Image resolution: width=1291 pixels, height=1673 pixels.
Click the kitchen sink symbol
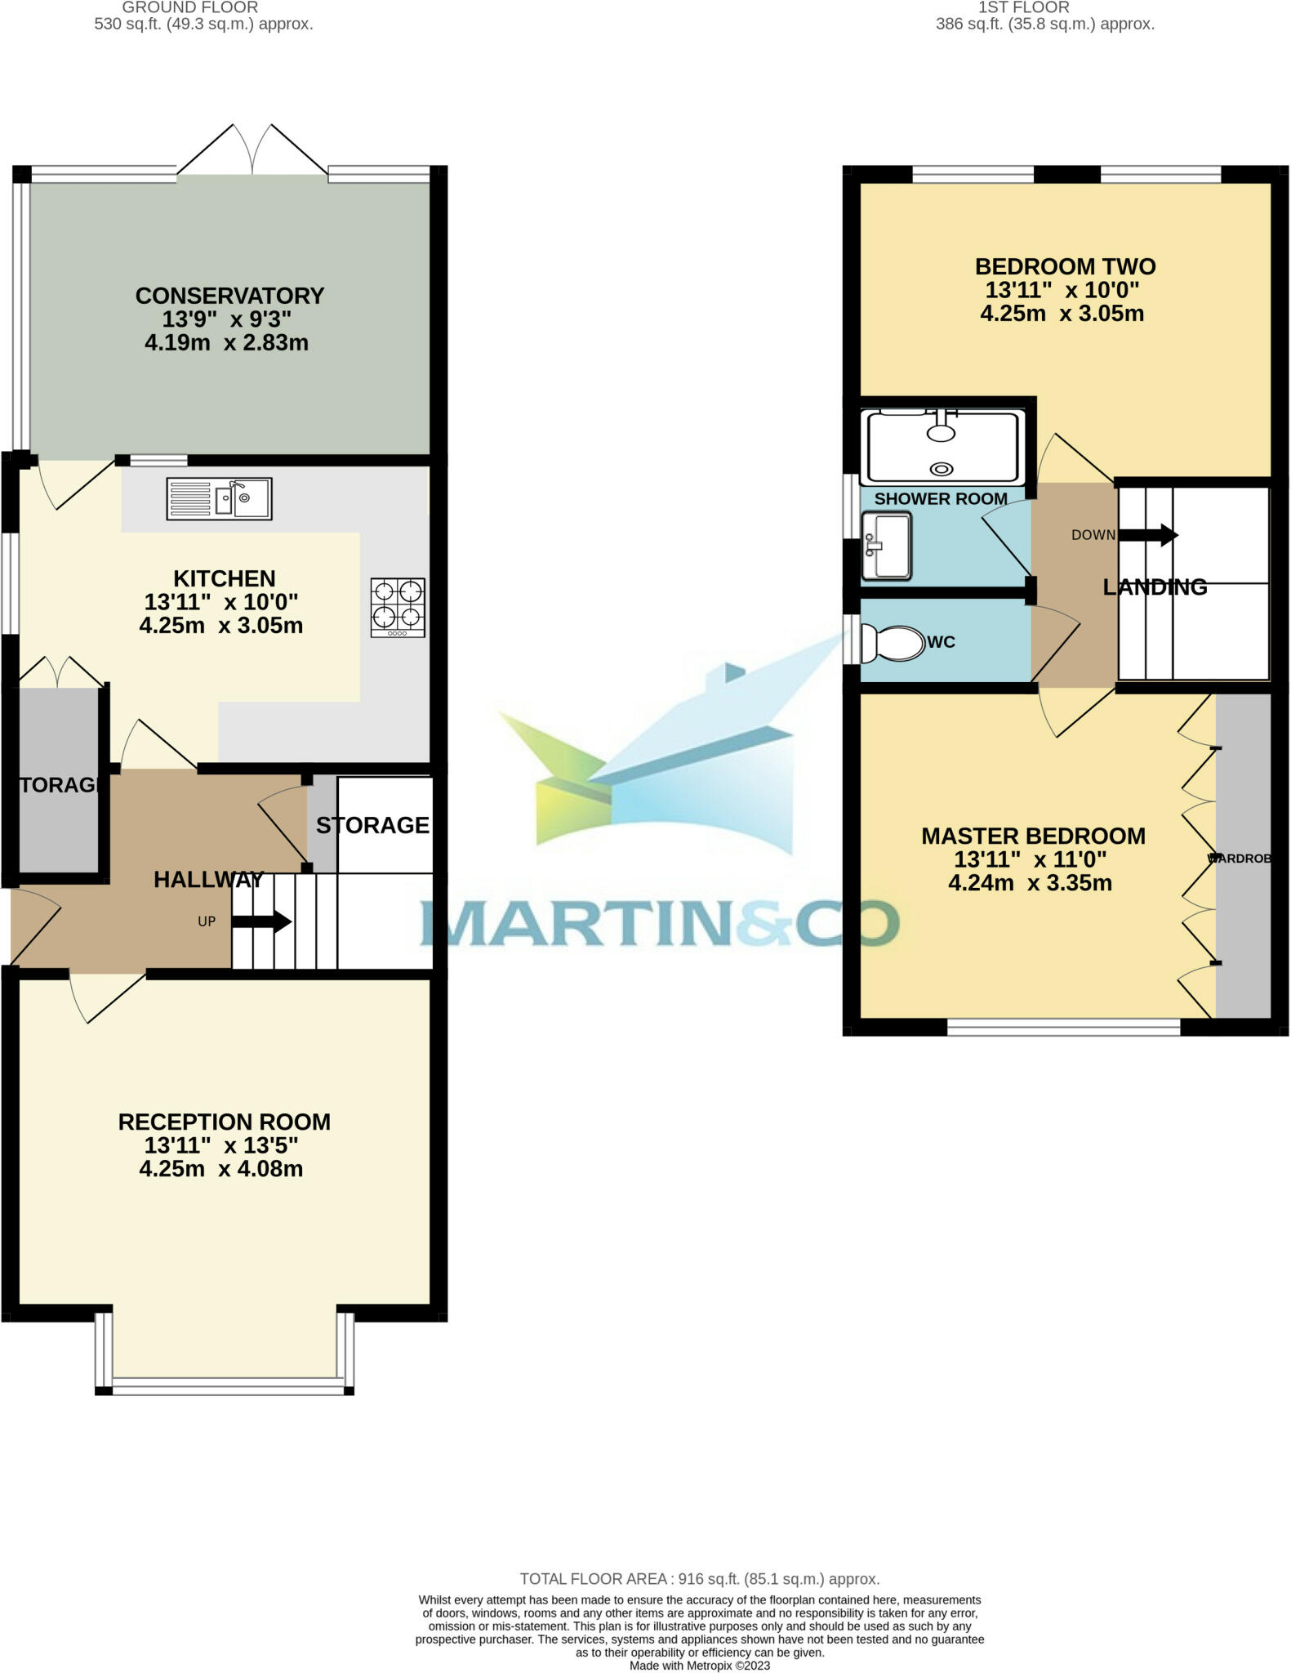pyautogui.click(x=219, y=498)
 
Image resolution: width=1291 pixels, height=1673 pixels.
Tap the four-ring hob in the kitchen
pyautogui.click(x=398, y=607)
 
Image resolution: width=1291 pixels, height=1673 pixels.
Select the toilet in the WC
pyautogui.click(x=892, y=643)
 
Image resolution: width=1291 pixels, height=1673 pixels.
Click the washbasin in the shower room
pyautogui.click(x=886, y=546)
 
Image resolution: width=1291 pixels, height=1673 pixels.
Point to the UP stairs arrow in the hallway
pyautogui.click(x=261, y=922)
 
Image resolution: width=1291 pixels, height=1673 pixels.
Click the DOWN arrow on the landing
pyautogui.click(x=1148, y=536)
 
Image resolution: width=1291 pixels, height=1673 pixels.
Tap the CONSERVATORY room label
pyautogui.click(x=229, y=296)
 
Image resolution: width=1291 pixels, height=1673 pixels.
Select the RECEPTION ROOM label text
pyautogui.click(x=225, y=1122)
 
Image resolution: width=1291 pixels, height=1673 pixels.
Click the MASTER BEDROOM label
pyautogui.click(x=1033, y=836)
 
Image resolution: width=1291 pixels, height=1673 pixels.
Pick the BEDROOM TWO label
pyautogui.click(x=1065, y=267)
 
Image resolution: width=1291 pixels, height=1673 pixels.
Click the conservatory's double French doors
pyautogui.click(x=252, y=150)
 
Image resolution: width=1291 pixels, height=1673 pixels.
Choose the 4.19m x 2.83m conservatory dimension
pyautogui.click(x=226, y=343)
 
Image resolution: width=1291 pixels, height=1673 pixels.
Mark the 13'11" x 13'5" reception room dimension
pyautogui.click(x=221, y=1146)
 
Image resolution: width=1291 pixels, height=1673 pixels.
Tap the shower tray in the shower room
pyautogui.click(x=943, y=447)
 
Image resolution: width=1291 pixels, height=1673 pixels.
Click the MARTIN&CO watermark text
pyautogui.click(x=660, y=923)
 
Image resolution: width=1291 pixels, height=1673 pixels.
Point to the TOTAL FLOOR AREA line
pyautogui.click(x=699, y=1579)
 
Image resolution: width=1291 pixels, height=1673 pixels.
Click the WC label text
pyautogui.click(x=941, y=643)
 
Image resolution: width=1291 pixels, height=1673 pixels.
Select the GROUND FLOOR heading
pyautogui.click(x=189, y=7)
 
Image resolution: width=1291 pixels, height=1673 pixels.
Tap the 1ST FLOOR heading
pyautogui.click(x=1023, y=7)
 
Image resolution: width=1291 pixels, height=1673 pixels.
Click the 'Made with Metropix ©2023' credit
pyautogui.click(x=699, y=1666)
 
